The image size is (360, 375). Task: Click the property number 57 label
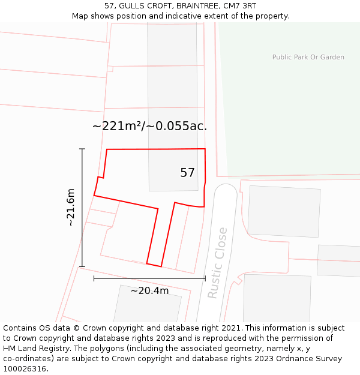click(187, 173)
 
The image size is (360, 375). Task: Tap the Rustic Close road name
click(217, 262)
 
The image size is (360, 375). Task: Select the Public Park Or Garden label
click(308, 57)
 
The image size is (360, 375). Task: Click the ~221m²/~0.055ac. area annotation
click(149, 126)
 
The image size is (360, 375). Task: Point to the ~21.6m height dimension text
click(71, 207)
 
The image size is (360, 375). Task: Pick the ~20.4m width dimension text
click(149, 291)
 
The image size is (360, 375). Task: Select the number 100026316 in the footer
click(25, 368)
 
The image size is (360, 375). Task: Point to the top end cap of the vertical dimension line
click(82, 149)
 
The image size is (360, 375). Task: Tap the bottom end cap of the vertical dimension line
click(82, 266)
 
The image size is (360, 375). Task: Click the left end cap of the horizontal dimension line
click(94, 278)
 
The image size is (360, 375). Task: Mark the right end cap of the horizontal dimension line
click(205, 278)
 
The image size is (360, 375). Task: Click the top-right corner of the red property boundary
click(205, 149)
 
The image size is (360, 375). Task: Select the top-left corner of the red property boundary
click(107, 149)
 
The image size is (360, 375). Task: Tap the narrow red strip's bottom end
click(154, 265)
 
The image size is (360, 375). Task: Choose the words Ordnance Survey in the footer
click(312, 359)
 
